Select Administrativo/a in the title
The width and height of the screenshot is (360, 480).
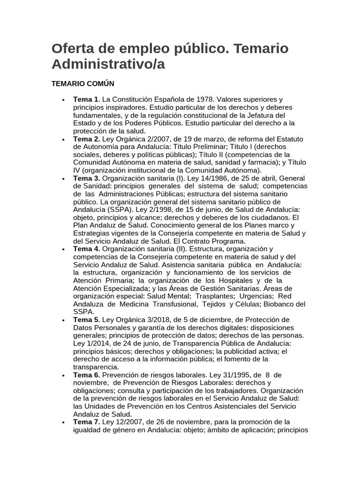tap(108, 64)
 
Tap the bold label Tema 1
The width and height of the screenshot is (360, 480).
tap(86, 99)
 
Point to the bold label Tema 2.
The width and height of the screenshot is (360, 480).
tap(86, 139)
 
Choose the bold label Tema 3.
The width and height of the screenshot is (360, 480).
tap(86, 179)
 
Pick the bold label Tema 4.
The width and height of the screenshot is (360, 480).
tap(86, 248)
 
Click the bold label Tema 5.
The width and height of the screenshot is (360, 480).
tap(86, 320)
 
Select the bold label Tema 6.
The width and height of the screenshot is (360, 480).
tap(86, 375)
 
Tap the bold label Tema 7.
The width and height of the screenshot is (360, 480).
tap(86, 422)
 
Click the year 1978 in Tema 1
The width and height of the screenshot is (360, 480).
tap(194, 99)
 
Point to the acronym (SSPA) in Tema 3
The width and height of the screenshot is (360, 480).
tap(120, 210)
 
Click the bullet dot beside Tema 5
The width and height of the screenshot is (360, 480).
tap(63, 320)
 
